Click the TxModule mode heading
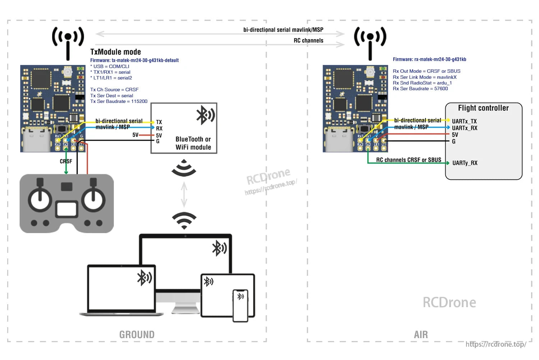coord(115,52)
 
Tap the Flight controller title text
coord(483,108)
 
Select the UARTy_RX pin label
coord(465,163)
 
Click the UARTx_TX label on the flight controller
coord(464,122)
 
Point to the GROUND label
coord(137,334)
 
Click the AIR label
coord(421,335)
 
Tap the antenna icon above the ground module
coord(68,41)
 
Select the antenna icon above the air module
coord(370,41)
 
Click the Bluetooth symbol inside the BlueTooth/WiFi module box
coord(205,115)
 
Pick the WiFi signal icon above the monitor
coord(184,220)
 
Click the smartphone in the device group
coord(240,305)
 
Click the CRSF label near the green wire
coord(66,161)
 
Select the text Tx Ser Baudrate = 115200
coord(119,101)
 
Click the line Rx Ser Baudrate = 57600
coord(420,88)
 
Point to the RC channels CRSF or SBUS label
coord(409,160)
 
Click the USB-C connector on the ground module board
coord(37,140)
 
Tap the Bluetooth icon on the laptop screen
coord(144,278)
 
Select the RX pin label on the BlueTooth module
coord(159,128)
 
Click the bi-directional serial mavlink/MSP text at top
coord(283,30)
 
